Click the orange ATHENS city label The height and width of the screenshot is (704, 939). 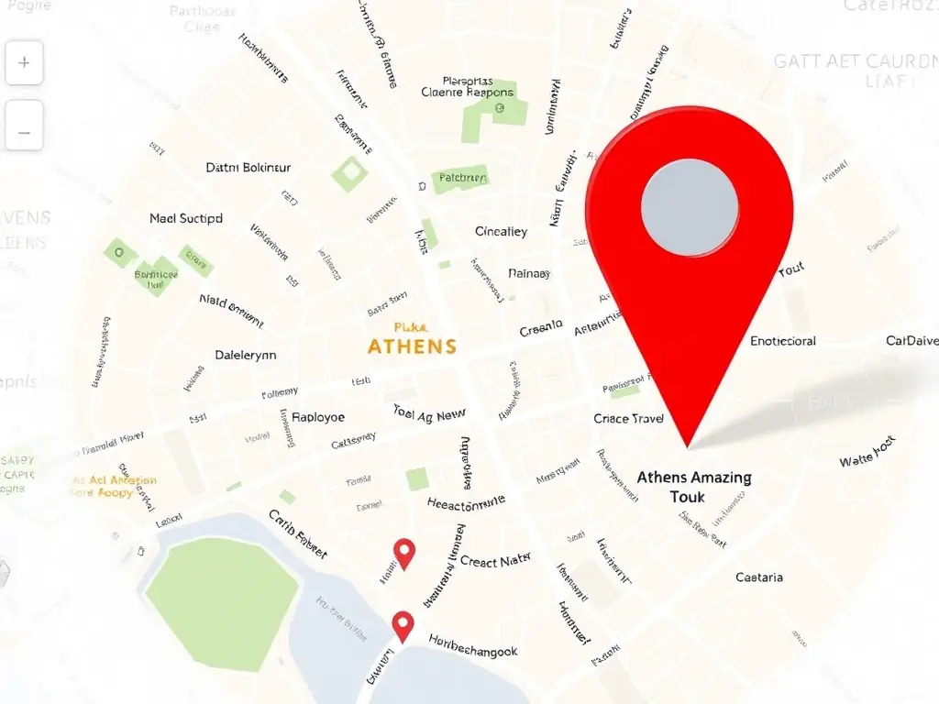(412, 346)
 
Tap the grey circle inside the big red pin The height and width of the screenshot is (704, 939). (690, 203)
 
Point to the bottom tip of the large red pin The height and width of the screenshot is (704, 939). (688, 446)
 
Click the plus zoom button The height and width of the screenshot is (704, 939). (24, 63)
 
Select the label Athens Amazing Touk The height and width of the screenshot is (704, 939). (694, 486)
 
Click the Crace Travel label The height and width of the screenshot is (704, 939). (629, 419)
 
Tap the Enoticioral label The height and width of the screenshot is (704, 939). (782, 341)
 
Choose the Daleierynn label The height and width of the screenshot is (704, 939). (245, 355)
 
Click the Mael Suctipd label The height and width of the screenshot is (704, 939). (186, 219)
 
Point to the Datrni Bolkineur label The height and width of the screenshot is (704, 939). (248, 168)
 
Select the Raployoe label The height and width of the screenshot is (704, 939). (318, 417)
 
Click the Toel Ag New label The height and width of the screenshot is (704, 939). (429, 414)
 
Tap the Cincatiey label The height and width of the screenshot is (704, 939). (501, 232)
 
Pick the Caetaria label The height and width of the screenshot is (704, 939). (759, 577)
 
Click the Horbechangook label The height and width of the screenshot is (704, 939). (473, 652)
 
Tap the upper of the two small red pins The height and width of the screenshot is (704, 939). (404, 551)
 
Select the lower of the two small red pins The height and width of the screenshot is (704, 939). (403, 624)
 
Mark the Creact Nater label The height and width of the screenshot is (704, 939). (495, 561)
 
